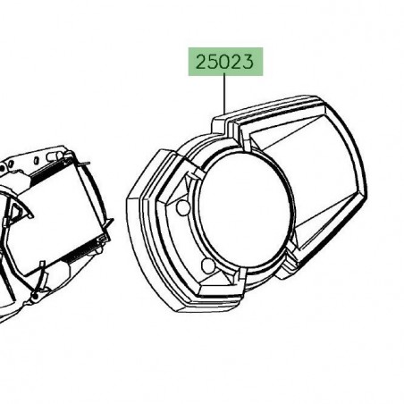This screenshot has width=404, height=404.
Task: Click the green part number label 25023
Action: click(x=225, y=63)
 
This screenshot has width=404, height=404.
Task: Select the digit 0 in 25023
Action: click(x=225, y=63)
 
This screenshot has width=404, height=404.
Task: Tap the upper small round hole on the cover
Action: click(x=184, y=207)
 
